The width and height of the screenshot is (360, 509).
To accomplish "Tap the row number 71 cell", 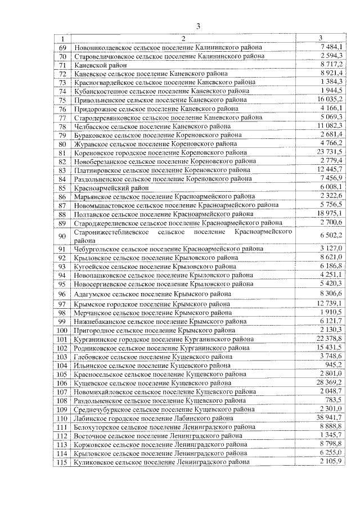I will [62, 65].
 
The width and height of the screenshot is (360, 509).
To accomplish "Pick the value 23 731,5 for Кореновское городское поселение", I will [329, 152].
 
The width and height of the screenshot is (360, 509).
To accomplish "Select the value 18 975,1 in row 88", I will [329, 214].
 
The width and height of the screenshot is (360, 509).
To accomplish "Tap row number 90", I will [62, 236].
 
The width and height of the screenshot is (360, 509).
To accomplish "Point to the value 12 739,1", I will [329, 303].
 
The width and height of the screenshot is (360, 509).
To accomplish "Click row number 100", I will [62, 330].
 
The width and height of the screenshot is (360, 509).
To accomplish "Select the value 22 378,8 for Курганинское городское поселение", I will [329, 339].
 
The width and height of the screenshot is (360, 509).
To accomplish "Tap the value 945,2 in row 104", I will [335, 364].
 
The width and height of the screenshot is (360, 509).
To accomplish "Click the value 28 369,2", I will [329, 382].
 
